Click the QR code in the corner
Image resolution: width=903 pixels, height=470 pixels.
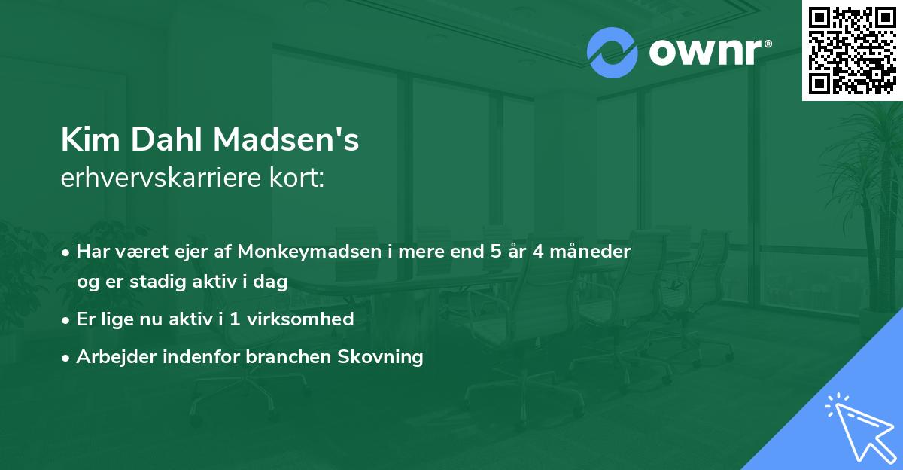pyautogui.click(x=853, y=50)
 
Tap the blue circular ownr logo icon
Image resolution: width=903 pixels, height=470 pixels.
pyautogui.click(x=613, y=52)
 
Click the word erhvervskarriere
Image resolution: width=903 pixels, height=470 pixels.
pyautogui.click(x=164, y=179)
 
